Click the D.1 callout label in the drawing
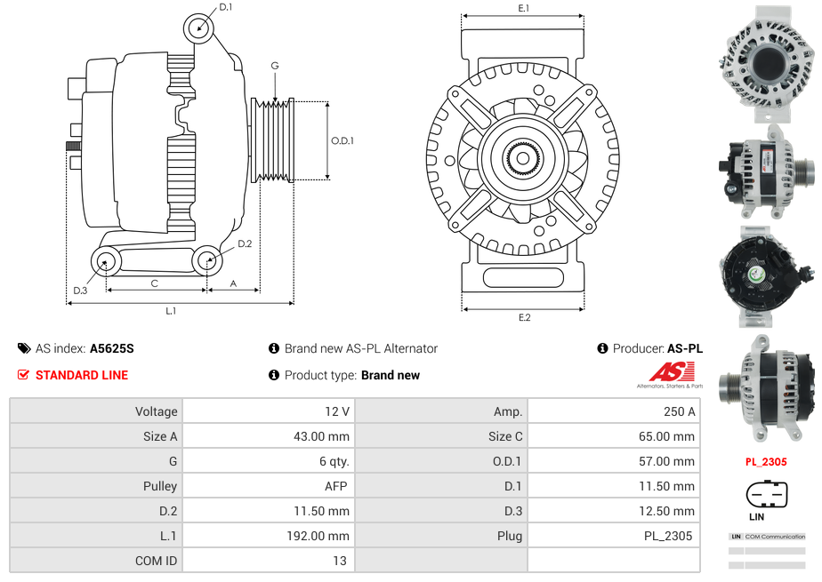[x=226, y=7]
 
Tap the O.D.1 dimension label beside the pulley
[x=342, y=140]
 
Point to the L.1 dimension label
[x=171, y=311]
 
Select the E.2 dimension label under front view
[x=524, y=318]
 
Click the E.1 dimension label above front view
[x=524, y=8]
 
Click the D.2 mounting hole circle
[x=207, y=261]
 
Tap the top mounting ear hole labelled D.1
[x=199, y=28]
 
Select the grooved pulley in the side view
[x=273, y=140]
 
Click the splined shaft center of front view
[x=522, y=160]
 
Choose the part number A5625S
[x=112, y=349]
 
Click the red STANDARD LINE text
[x=81, y=375]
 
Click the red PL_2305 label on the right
[x=766, y=462]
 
